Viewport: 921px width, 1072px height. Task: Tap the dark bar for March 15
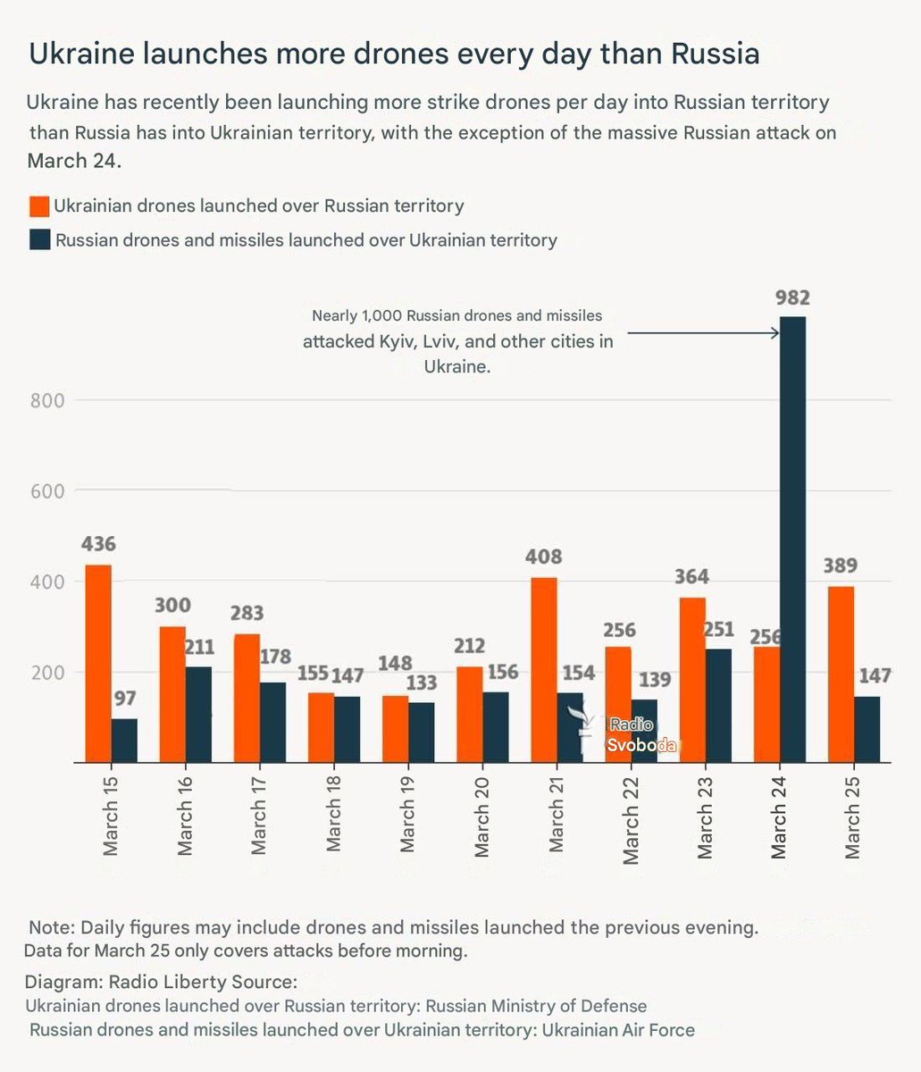pyautogui.click(x=124, y=740)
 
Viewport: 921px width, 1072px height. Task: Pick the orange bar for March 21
pyautogui.click(x=544, y=669)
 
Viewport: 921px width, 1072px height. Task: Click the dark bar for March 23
pyautogui.click(x=718, y=705)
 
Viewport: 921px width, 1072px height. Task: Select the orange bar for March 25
pyautogui.click(x=841, y=674)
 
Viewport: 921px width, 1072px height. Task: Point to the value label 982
pyautogui.click(x=792, y=298)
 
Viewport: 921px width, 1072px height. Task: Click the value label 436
pyautogui.click(x=98, y=544)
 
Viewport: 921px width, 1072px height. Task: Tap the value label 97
pyautogui.click(x=124, y=698)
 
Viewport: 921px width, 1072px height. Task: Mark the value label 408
pyautogui.click(x=543, y=557)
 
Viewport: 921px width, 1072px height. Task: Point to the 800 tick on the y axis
pyautogui.click(x=46, y=400)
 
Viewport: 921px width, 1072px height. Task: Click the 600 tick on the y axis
pyautogui.click(x=46, y=491)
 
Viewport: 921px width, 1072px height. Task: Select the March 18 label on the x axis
pyautogui.click(x=333, y=819)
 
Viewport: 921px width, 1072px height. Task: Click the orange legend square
pyautogui.click(x=39, y=206)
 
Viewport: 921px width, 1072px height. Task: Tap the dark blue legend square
pyautogui.click(x=39, y=239)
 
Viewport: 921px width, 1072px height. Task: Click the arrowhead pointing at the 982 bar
pyautogui.click(x=774, y=333)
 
